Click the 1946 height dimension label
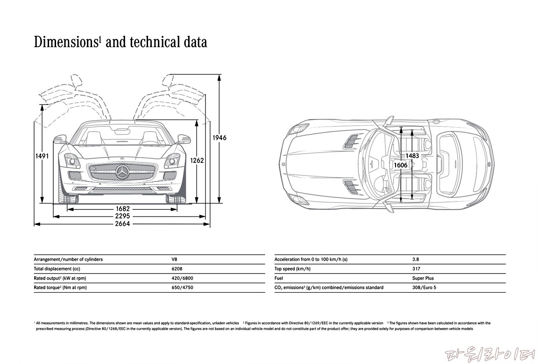click(x=219, y=138)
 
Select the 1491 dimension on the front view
click(x=42, y=156)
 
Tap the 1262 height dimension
click(x=197, y=160)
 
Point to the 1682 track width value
click(x=123, y=209)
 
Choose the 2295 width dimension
click(x=123, y=217)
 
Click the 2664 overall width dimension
click(x=123, y=224)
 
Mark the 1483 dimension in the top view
click(x=412, y=156)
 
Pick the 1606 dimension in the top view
click(x=400, y=165)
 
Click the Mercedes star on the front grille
click(x=123, y=173)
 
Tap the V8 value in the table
click(x=175, y=259)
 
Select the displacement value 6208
click(x=177, y=269)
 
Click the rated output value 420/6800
click(x=182, y=278)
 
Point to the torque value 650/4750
click(x=182, y=287)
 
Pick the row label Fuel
click(x=279, y=278)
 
